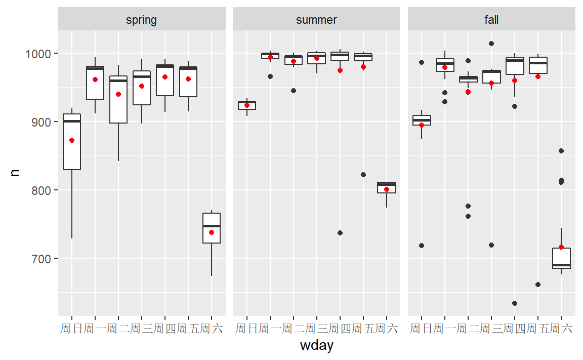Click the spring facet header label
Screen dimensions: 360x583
point(141,20)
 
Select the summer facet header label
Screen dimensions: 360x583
point(316,20)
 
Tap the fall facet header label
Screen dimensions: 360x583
point(491,20)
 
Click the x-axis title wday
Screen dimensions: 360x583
point(316,346)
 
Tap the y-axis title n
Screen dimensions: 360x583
point(15,172)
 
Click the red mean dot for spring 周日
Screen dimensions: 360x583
point(72,140)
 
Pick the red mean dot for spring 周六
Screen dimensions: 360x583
point(212,232)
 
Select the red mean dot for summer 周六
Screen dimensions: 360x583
point(387,189)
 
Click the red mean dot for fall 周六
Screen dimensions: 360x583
point(561,247)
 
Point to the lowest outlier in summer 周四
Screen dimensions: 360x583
point(340,233)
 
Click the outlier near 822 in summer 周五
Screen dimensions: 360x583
point(363,175)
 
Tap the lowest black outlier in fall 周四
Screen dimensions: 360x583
point(515,303)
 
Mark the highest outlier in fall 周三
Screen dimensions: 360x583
point(491,44)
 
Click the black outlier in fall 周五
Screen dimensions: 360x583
point(538,285)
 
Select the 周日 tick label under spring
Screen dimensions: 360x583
point(72,329)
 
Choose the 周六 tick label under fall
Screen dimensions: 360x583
point(561,329)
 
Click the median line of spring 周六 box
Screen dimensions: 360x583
point(212,226)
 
